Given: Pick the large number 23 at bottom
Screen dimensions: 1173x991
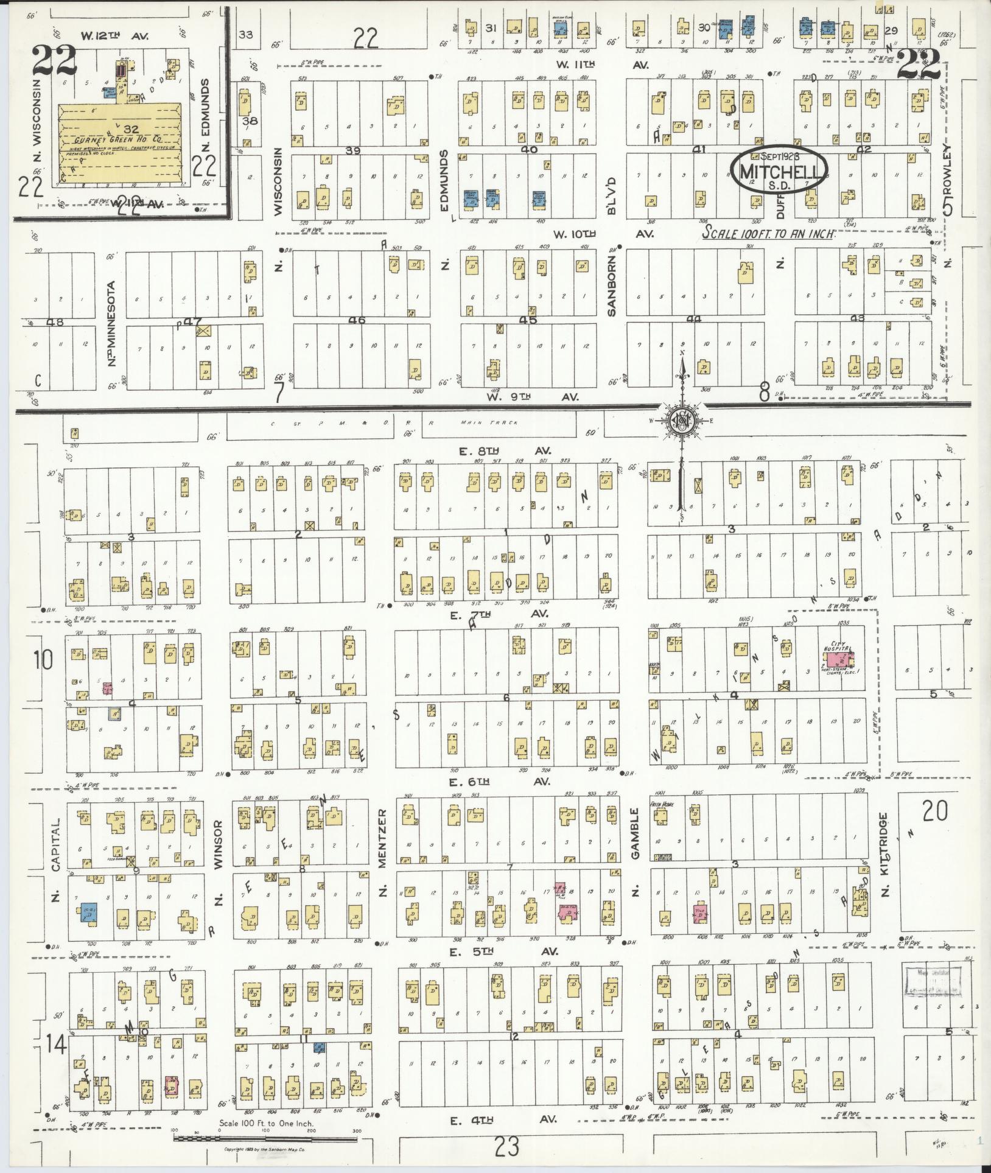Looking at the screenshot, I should tap(506, 1147).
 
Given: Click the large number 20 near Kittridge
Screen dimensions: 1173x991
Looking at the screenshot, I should tap(934, 811).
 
